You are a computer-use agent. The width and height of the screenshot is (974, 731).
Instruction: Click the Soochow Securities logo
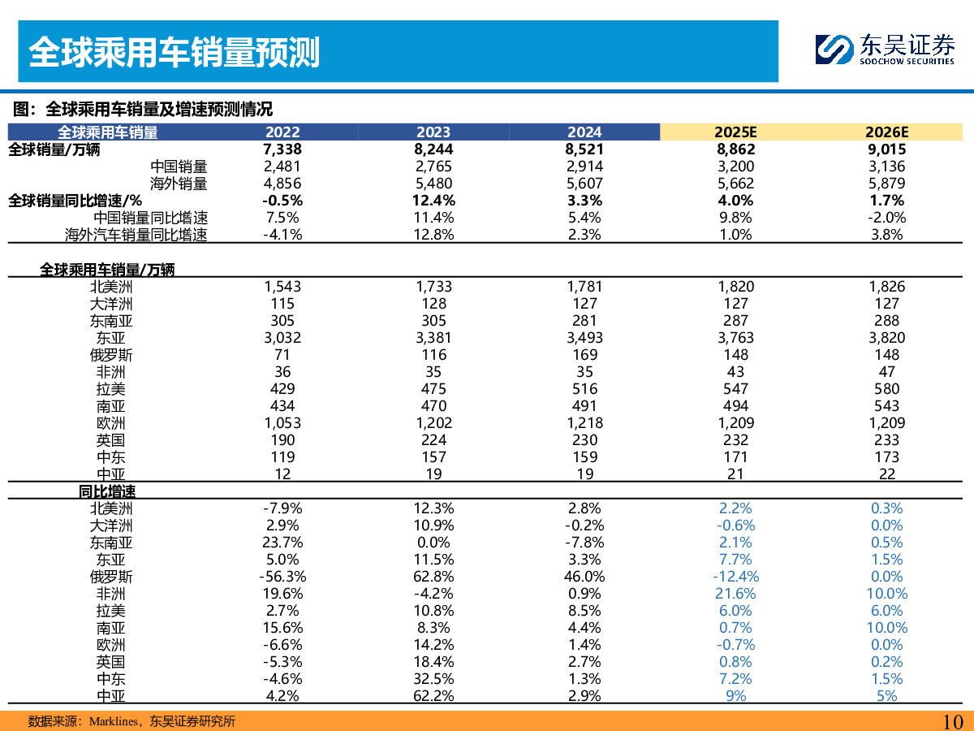click(x=885, y=49)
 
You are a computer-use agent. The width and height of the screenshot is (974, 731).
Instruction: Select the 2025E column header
click(x=736, y=132)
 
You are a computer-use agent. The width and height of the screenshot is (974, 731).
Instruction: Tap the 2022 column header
click(x=282, y=132)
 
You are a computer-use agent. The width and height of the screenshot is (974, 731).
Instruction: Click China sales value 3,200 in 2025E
click(x=736, y=167)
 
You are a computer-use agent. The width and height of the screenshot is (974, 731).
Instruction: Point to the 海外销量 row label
click(x=179, y=184)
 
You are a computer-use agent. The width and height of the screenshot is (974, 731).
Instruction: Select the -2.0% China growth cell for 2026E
click(x=887, y=218)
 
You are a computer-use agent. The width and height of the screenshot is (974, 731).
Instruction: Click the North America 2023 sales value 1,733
click(x=433, y=287)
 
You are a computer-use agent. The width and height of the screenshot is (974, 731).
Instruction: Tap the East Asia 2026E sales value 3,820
click(x=887, y=338)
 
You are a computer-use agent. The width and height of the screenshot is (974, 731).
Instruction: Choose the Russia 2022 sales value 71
click(x=282, y=355)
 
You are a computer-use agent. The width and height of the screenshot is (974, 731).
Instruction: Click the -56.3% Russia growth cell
click(x=282, y=577)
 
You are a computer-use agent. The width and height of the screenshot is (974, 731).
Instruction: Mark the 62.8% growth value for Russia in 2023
click(x=433, y=577)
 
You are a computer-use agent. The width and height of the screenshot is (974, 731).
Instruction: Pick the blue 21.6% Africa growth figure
click(x=736, y=594)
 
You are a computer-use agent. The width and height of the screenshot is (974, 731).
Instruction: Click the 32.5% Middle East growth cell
click(x=433, y=679)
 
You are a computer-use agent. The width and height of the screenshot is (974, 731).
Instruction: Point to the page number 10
click(x=952, y=720)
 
